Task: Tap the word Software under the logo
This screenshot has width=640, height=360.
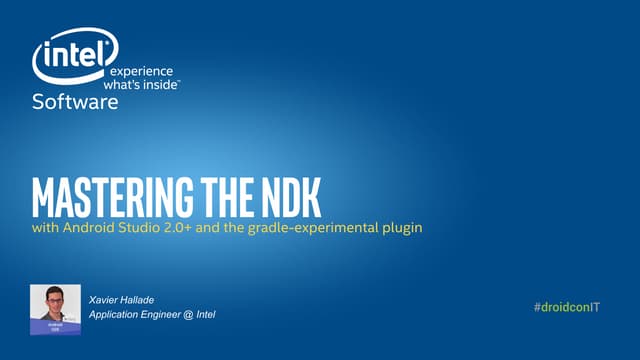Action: (x=75, y=102)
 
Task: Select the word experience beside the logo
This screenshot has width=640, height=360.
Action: (x=140, y=72)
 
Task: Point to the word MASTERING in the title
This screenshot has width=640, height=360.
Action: (x=99, y=199)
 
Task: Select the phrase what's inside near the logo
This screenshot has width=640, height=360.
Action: (x=144, y=85)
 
